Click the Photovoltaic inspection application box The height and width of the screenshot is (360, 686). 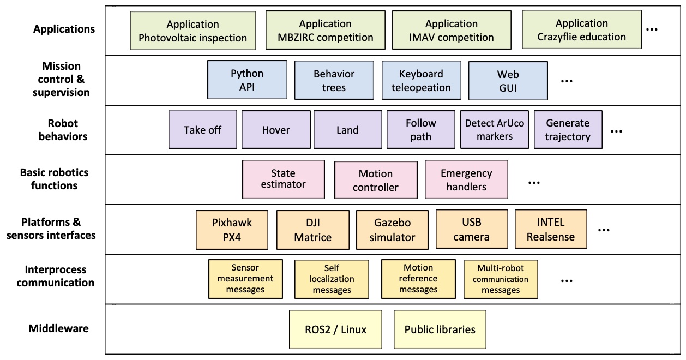pos(193,31)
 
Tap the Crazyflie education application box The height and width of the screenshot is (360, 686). pos(581,30)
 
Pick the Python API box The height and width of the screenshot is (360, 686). pos(247,80)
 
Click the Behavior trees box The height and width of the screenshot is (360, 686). pos(334,80)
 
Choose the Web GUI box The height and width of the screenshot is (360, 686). pos(508,80)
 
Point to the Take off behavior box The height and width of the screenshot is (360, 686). pos(202,130)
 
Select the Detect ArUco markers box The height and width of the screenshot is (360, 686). pos(494,130)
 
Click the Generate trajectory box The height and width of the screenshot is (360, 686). pos(568,130)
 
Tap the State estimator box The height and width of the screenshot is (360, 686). pos(283,179)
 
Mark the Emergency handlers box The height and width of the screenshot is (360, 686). pos(466,179)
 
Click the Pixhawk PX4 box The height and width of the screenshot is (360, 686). pos(232,229)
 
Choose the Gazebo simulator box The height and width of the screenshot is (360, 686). pos(392,229)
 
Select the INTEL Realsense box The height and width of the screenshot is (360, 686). pos(551,229)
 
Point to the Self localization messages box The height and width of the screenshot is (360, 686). pos(332,279)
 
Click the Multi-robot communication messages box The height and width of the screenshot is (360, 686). pos(501,279)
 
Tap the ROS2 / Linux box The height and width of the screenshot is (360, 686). pos(335,329)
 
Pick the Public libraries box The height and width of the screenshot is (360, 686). pos(440,329)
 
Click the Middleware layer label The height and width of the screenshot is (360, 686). pos(58,328)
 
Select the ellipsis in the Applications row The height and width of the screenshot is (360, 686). pos(652,30)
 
